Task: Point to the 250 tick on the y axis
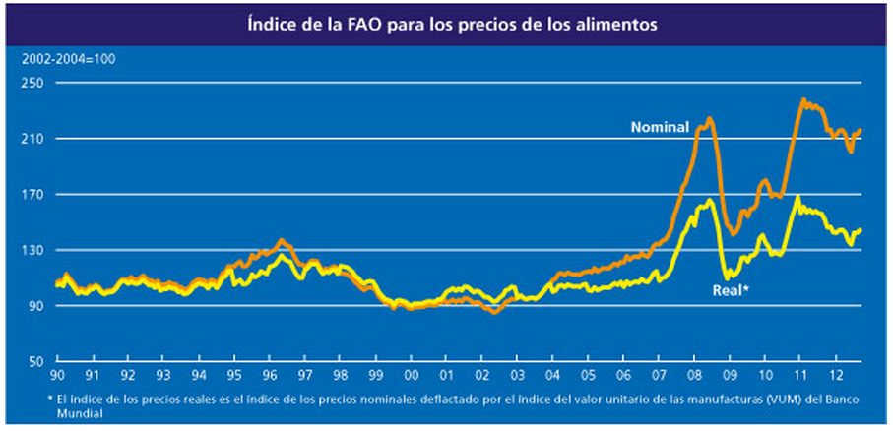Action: pyautogui.click(x=36, y=84)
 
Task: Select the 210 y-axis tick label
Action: pyautogui.click(x=36, y=140)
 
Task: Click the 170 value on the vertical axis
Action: pyautogui.click(x=36, y=195)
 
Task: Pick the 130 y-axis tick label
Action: pyautogui.click(x=36, y=251)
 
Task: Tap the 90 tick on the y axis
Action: pyautogui.click(x=39, y=307)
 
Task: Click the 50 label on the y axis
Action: pyautogui.click(x=39, y=362)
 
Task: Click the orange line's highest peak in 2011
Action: pyautogui.click(x=803, y=99)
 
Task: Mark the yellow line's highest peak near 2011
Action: pyautogui.click(x=797, y=197)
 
